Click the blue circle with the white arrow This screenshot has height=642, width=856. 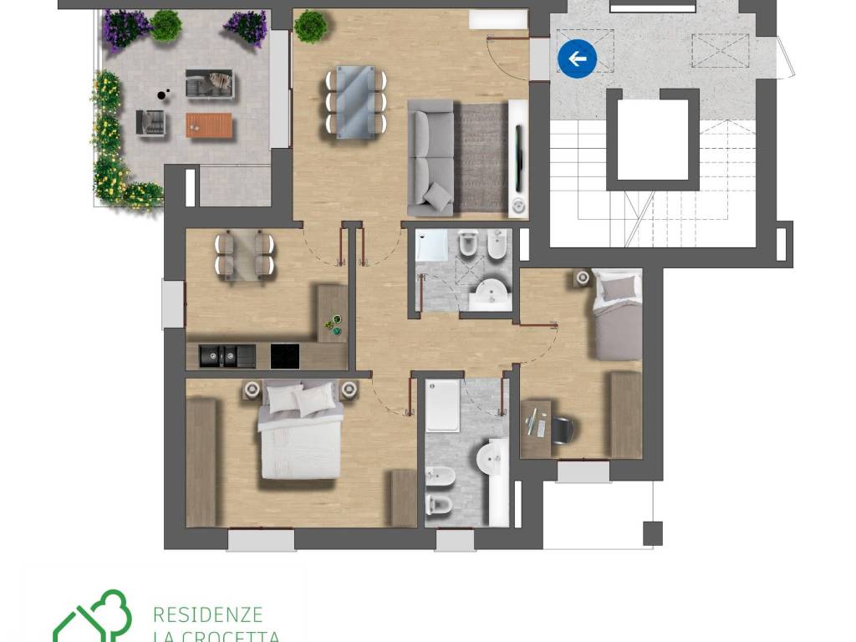(577, 59)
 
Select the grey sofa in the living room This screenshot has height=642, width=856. (431, 158)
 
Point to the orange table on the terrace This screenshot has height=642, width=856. (209, 125)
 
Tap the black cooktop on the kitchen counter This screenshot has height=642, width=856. (284, 356)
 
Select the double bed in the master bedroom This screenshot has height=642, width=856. (300, 431)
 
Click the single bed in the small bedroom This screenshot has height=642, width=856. (618, 315)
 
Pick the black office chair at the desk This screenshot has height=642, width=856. (563, 429)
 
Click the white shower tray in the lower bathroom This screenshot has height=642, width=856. (442, 406)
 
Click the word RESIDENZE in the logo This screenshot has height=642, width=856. (208, 614)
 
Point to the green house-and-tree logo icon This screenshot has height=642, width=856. (92, 617)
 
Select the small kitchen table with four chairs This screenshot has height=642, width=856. (245, 255)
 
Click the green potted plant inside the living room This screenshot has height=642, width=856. (309, 26)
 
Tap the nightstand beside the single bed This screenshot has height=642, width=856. (583, 278)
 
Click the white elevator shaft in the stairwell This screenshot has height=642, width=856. (653, 140)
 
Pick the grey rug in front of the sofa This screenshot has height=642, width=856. (481, 158)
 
